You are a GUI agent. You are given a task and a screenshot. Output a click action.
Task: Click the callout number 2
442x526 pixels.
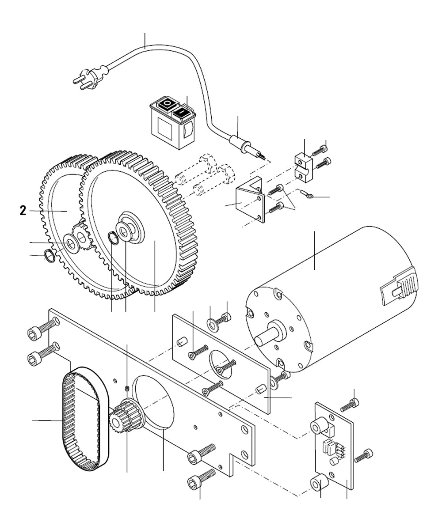pos(23,211)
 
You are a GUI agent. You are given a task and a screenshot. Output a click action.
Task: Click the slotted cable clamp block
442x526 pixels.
pos(305,167)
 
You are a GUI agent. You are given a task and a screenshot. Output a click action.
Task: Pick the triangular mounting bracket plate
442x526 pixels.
pos(249,201)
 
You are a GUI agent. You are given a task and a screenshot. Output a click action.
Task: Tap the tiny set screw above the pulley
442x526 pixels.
pos(127,388)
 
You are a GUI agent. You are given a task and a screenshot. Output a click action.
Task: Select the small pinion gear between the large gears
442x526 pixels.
pos(81,234)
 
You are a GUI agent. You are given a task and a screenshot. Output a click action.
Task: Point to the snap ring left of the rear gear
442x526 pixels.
pos(50,256)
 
